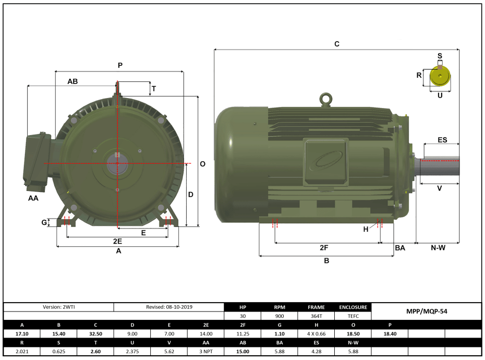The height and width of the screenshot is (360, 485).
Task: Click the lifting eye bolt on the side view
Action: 326,99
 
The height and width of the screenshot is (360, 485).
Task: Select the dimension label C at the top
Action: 337,44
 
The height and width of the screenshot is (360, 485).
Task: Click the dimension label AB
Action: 72,81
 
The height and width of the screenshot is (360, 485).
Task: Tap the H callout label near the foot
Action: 366,230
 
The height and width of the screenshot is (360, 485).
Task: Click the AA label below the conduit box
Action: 33,198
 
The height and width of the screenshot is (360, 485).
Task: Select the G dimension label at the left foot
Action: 44,222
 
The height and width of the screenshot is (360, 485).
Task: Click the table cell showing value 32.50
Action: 95,333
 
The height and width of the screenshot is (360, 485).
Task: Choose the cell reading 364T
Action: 317,316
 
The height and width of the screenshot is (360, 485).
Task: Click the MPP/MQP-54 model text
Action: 426,311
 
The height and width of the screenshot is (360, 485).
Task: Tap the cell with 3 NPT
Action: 206,351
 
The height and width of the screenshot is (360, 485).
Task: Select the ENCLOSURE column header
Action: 353,307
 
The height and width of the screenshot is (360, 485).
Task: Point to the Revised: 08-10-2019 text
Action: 168,307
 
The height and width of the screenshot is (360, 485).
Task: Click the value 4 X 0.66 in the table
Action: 317,333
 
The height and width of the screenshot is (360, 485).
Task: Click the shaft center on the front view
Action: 118,163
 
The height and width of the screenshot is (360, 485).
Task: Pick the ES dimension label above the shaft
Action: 442,140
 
